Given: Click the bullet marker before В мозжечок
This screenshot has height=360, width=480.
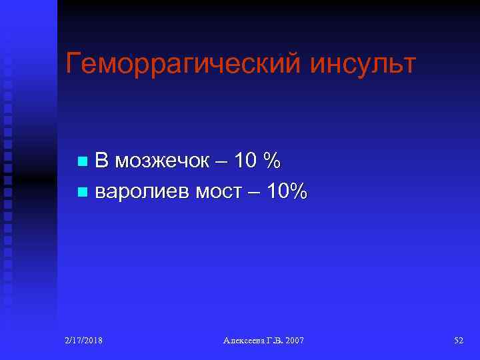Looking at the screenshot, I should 82,161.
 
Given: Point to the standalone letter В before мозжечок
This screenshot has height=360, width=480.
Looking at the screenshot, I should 101,161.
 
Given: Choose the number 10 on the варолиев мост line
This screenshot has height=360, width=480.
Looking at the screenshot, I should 278,192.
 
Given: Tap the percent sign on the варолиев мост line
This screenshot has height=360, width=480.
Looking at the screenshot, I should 300,192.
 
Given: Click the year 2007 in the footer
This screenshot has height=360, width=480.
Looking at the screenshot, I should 295,341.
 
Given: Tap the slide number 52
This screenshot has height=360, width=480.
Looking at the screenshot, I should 459,341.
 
